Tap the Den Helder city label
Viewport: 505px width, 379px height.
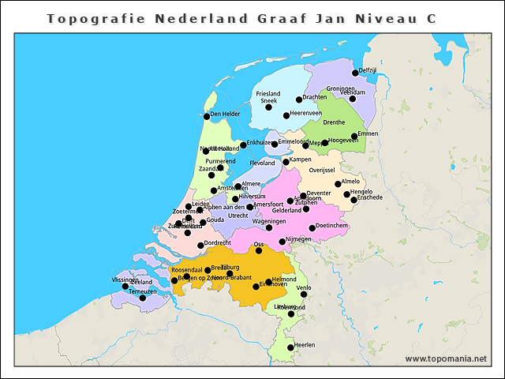[225, 114]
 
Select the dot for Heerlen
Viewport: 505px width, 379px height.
[290, 347]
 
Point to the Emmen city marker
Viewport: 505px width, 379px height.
[354, 136]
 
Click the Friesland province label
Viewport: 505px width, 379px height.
[268, 94]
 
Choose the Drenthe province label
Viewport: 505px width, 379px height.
[334, 122]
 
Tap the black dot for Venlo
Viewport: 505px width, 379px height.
[304, 295]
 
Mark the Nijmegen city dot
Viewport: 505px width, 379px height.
[282, 242]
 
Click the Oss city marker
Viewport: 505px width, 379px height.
[259, 250]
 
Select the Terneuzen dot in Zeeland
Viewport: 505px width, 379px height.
[143, 298]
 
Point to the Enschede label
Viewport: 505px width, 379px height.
[369, 197]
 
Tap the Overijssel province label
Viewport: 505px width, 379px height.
[322, 170]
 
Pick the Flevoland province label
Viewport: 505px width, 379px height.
[262, 163]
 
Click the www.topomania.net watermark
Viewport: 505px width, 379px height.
[446, 358]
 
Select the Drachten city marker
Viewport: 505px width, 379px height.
[299, 99]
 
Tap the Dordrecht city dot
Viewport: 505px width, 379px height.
[200, 245]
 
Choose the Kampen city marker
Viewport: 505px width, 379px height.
[286, 162]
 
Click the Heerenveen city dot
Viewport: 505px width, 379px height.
[286, 116]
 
